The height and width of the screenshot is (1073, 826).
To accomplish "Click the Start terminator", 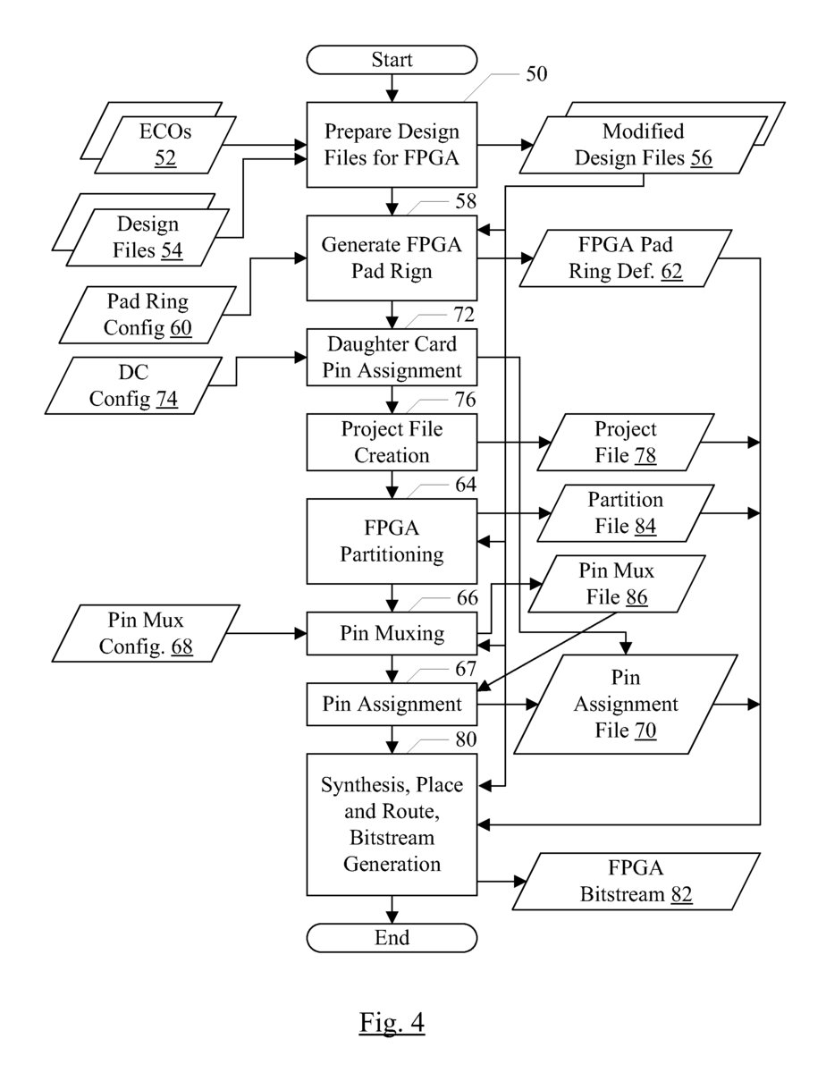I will point(392,60).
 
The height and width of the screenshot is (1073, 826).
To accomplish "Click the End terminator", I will point(392,937).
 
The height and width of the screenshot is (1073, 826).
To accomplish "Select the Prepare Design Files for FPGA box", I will point(392,145).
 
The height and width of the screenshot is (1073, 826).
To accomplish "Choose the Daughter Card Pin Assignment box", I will point(392,358).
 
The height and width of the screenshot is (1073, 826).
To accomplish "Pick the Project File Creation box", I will point(392,442).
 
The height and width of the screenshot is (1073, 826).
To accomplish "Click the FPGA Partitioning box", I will point(392,541).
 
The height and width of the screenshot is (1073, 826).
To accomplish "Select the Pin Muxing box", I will point(392,634).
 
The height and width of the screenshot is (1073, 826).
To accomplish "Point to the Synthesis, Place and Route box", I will point(392,824).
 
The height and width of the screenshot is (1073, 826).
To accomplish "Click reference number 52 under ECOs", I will point(165,157).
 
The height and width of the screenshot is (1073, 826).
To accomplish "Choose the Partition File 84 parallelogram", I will point(626,512).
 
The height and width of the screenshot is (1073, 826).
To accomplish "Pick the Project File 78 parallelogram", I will point(626,442).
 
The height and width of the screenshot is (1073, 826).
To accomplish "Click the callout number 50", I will point(537,74).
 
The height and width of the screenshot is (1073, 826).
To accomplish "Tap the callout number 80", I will point(466,739).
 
